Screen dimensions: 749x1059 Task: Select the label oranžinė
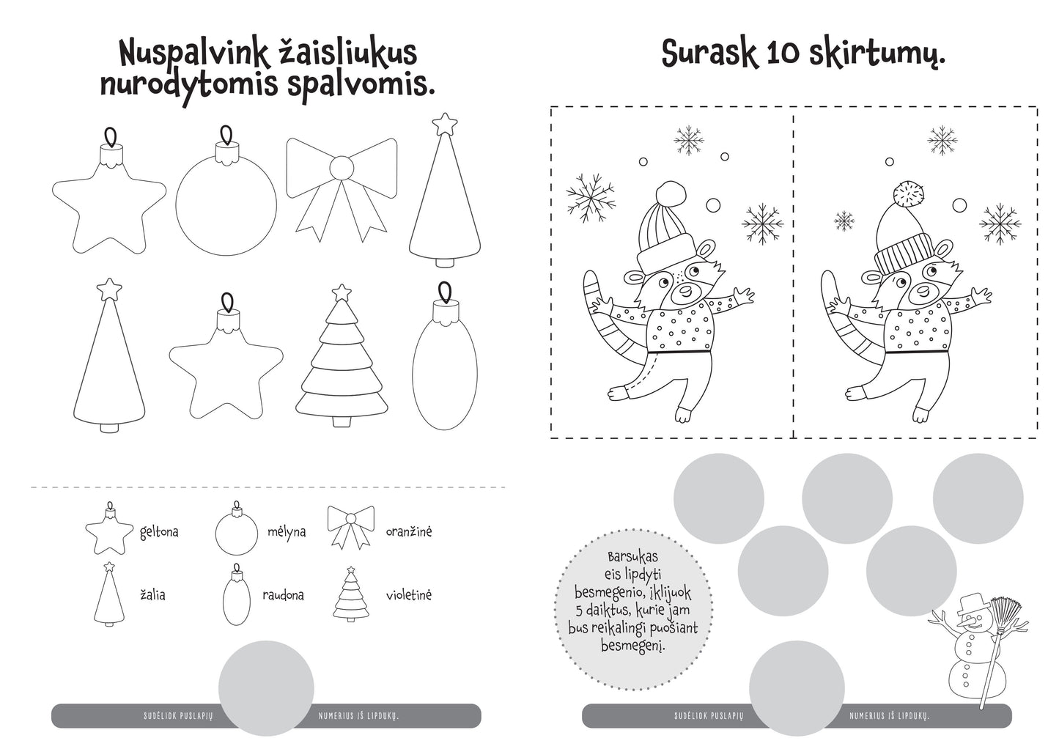click(409, 531)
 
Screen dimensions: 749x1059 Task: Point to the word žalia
click(152, 594)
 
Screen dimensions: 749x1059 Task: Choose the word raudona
click(283, 595)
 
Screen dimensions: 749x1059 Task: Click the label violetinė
click(409, 594)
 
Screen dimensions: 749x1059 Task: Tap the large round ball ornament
click(226, 205)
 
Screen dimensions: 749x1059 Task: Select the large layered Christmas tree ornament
click(342, 363)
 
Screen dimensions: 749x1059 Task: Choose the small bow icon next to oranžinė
click(350, 526)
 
